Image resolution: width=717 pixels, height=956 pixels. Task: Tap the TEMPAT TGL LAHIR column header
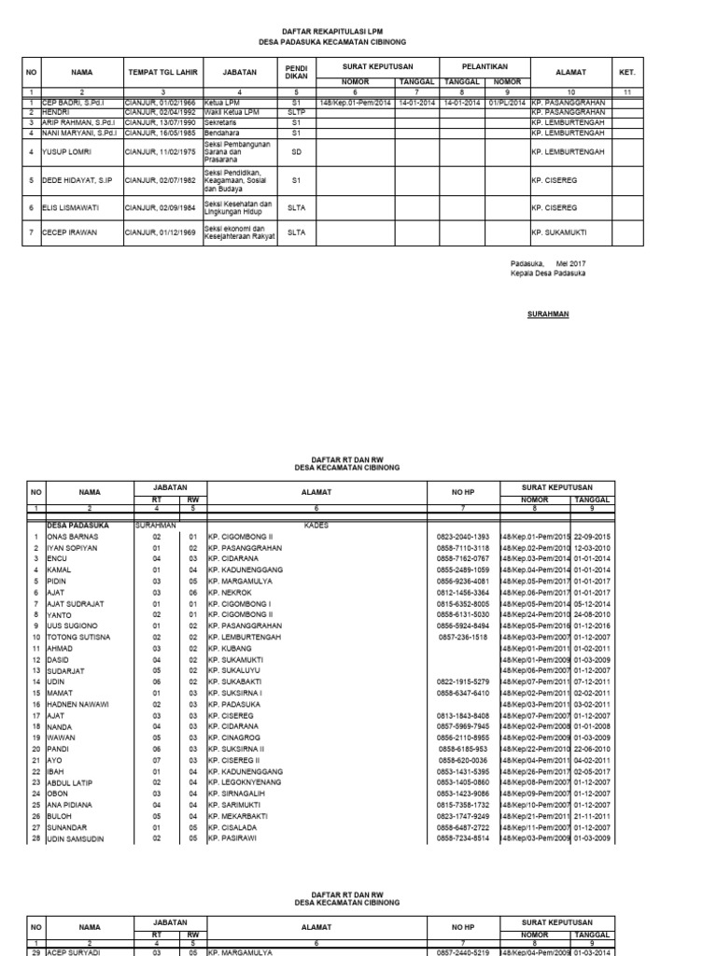coord(162,71)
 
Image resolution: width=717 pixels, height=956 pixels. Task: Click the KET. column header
coord(626,71)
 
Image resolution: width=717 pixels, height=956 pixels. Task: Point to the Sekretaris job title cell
coord(222,121)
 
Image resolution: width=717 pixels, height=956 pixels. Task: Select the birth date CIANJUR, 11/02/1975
coord(160,150)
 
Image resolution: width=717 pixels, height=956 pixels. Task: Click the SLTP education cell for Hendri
coord(296,111)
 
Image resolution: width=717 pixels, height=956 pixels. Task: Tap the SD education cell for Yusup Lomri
coord(296,150)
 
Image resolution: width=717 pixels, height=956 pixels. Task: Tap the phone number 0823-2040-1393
coord(463,537)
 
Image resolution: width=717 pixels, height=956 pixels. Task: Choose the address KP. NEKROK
coord(230,593)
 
